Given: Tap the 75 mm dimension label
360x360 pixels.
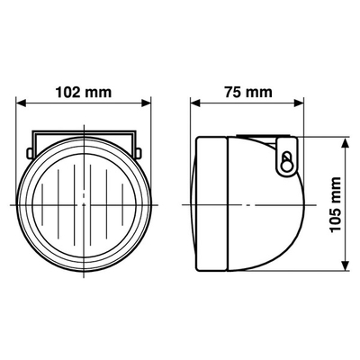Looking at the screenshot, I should (x=247, y=90).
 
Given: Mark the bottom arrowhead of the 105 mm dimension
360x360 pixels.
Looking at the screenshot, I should (x=346, y=266).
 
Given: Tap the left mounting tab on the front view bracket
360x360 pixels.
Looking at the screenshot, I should (x=33, y=141).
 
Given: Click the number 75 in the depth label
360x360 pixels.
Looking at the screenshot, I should (x=233, y=90).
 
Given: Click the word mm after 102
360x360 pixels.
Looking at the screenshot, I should (x=101, y=90).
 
